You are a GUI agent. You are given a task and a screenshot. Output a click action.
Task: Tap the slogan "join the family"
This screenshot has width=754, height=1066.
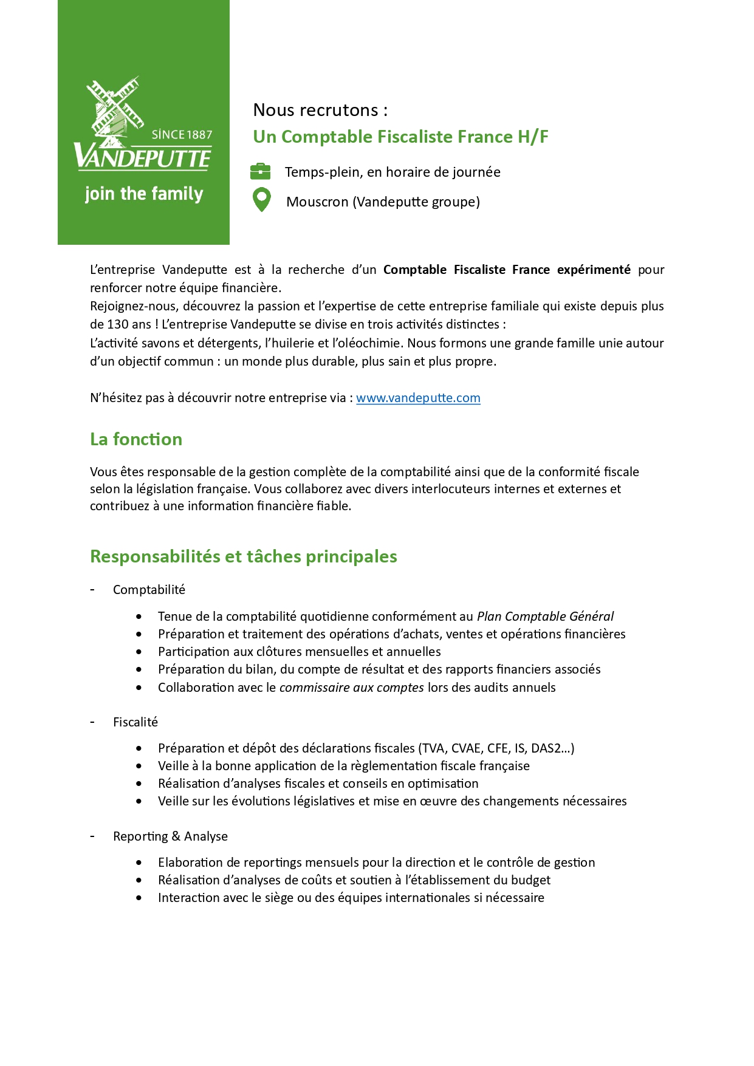(x=144, y=194)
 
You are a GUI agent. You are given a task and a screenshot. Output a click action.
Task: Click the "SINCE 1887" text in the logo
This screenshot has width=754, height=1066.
(x=182, y=135)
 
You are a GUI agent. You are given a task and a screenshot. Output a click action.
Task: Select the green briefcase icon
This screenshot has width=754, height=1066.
(x=261, y=172)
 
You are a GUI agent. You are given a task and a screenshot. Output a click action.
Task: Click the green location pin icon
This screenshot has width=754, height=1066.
(x=261, y=200)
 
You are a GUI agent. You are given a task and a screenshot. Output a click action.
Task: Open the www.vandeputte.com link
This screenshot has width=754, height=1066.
(x=418, y=398)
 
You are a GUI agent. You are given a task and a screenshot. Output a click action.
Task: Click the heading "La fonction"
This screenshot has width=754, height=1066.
(x=136, y=439)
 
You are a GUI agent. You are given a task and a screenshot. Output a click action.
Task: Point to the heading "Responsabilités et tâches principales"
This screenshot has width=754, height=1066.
(x=244, y=556)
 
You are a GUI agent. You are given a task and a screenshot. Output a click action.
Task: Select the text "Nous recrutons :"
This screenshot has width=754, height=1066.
(x=320, y=110)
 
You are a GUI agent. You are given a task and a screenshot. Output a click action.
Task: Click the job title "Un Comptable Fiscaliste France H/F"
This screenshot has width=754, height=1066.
(x=400, y=137)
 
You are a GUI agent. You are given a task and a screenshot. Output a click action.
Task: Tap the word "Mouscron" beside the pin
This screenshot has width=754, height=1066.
(x=317, y=202)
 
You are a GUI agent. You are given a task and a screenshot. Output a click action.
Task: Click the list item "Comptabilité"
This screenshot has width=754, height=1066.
(x=149, y=590)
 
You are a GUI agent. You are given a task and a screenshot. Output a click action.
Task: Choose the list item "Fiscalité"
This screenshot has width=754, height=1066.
(x=135, y=722)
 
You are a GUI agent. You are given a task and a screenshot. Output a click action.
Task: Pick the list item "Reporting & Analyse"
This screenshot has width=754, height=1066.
(x=170, y=836)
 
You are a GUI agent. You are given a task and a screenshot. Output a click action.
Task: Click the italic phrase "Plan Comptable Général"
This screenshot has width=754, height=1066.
(x=545, y=617)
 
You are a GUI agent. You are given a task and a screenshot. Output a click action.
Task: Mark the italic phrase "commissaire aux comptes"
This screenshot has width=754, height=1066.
(x=351, y=688)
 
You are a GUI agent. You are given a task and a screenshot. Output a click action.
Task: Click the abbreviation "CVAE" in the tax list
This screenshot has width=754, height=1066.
(x=467, y=748)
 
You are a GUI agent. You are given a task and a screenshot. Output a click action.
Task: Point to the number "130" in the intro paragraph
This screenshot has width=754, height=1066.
(x=117, y=324)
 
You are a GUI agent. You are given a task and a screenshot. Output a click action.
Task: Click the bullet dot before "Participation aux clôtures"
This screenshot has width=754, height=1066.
(x=139, y=652)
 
